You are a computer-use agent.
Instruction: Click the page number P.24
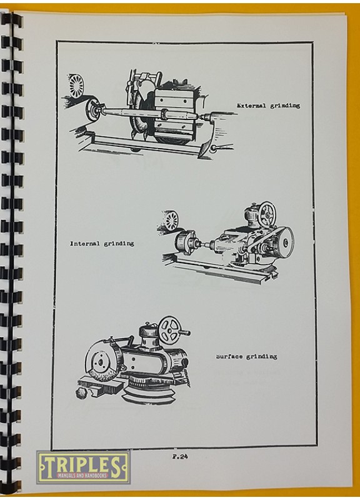[180, 456]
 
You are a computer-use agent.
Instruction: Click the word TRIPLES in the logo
[82, 464]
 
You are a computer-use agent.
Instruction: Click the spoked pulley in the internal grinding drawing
[172, 220]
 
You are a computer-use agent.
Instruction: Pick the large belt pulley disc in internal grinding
[284, 244]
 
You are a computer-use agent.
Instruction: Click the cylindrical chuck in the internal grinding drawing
[182, 243]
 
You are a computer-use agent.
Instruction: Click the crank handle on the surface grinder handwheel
[184, 333]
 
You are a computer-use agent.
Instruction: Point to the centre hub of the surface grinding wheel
[100, 363]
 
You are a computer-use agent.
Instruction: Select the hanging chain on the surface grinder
[187, 379]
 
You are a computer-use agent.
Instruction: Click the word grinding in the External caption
[285, 106]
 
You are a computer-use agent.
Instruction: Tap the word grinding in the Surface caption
[261, 356]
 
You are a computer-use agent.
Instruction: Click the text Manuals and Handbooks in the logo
[82, 476]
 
